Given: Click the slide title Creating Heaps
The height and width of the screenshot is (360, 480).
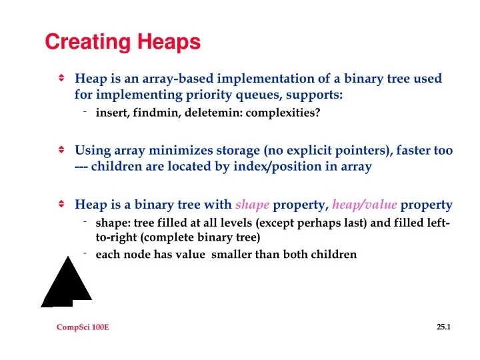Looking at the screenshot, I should tap(123, 42).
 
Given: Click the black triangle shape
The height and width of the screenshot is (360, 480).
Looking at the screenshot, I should tap(66, 284).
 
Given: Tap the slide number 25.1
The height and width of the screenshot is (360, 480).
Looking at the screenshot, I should tap(444, 327).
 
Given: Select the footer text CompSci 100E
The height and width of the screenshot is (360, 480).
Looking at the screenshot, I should tap(83, 327).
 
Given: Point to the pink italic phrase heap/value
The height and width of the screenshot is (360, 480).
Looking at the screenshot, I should tap(365, 205).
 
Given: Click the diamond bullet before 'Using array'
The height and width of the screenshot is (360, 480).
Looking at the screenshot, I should tap(61, 150).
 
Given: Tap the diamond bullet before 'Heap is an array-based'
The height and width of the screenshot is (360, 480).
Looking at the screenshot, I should tap(61, 78).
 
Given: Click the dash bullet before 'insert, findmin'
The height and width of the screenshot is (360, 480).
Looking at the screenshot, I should tap(86, 111).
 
